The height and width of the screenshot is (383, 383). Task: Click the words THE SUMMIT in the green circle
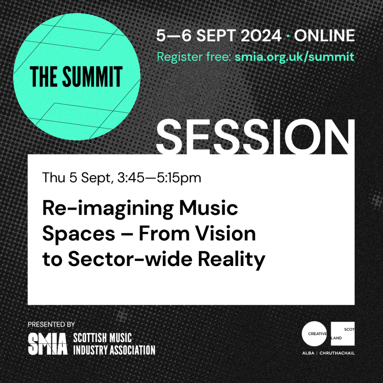click(76, 76)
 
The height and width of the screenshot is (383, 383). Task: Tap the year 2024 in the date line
click(261, 36)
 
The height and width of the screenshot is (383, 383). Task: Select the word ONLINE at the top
click(324, 36)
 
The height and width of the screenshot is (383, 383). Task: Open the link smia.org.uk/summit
click(294, 57)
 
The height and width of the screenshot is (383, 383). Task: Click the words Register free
click(194, 57)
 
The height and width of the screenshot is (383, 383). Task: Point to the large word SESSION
click(255, 137)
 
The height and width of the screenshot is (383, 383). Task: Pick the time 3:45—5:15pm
click(159, 178)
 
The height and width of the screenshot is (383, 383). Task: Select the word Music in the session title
click(209, 208)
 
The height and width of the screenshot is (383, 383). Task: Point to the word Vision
click(226, 233)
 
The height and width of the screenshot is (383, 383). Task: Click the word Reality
click(232, 260)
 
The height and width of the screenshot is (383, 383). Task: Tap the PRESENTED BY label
click(51, 324)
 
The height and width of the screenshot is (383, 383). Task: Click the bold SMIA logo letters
click(48, 344)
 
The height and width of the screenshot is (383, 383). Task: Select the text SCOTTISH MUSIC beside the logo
click(102, 338)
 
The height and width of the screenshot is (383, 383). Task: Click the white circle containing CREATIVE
click(314, 334)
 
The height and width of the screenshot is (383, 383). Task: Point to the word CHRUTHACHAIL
click(337, 353)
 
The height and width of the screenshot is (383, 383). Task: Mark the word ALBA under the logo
click(308, 353)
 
